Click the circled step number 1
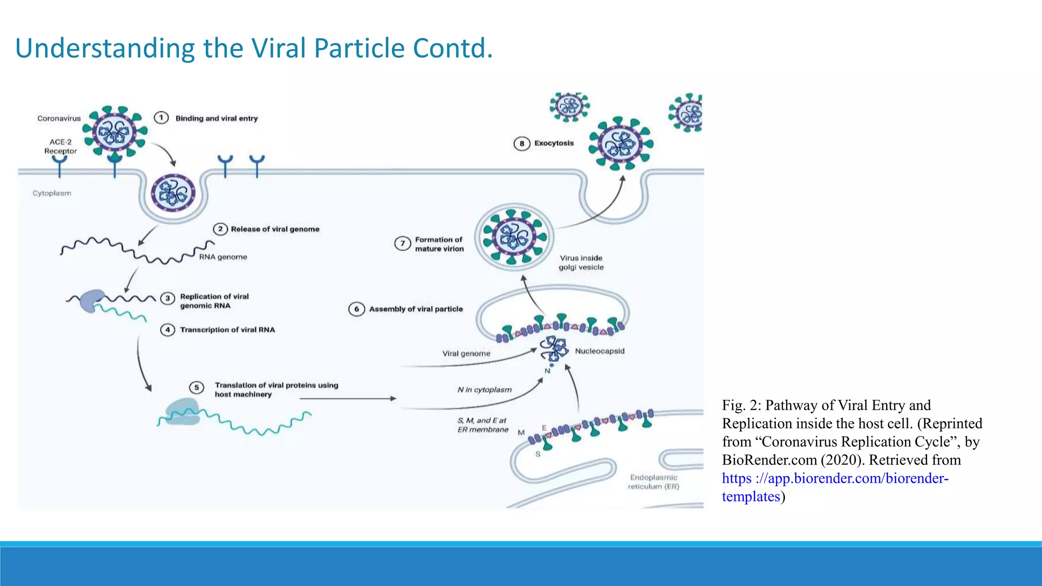[x=161, y=118]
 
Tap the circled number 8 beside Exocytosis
[x=522, y=143]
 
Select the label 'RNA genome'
[x=223, y=257]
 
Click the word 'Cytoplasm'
[x=52, y=193]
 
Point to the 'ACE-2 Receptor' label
[x=60, y=146]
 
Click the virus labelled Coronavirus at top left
[x=115, y=132]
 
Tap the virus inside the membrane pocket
[x=173, y=192]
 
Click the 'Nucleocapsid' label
[x=599, y=351]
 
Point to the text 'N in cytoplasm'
[x=484, y=390]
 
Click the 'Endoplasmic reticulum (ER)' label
[x=653, y=482]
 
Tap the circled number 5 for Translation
[x=196, y=388]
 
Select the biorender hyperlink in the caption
[x=834, y=479]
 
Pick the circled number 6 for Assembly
[x=356, y=309]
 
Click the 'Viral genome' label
[x=466, y=354]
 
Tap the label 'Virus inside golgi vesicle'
[x=581, y=262]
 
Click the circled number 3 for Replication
[x=167, y=298]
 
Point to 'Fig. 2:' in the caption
[x=741, y=405]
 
